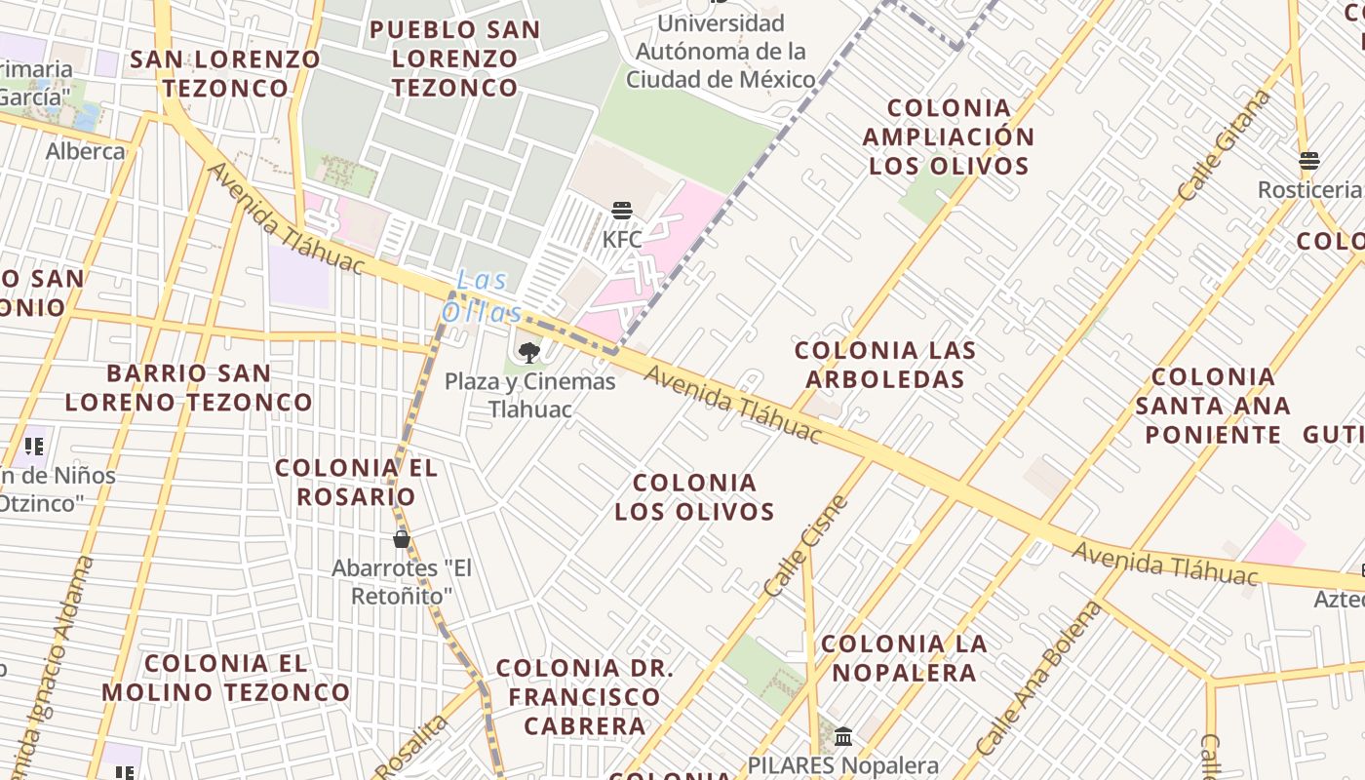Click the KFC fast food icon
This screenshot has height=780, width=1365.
click(x=622, y=210)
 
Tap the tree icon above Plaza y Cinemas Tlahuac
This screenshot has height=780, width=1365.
click(x=529, y=352)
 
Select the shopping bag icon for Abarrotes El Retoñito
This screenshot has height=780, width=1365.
click(x=401, y=539)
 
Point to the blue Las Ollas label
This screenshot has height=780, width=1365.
click(x=483, y=296)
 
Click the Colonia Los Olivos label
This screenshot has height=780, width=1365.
click(x=694, y=497)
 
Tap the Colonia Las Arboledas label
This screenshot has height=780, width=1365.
click(x=884, y=365)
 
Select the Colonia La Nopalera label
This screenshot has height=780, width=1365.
click(x=904, y=657)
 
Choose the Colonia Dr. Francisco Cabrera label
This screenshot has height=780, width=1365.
click(x=584, y=697)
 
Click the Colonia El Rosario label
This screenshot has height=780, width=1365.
click(x=356, y=482)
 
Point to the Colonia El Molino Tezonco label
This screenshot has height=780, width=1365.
click(x=225, y=678)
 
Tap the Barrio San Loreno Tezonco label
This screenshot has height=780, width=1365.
click(x=189, y=387)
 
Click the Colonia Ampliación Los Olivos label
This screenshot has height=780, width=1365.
click(x=948, y=136)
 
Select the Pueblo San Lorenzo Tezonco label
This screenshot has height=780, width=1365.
click(x=454, y=58)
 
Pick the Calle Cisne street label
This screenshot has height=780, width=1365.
click(x=806, y=547)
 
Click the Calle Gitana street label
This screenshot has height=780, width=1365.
click(x=1225, y=145)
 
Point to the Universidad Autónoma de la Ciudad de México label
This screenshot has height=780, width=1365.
click(x=721, y=51)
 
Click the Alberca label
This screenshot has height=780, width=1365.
click(x=86, y=151)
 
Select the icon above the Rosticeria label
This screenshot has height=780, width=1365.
click(x=1307, y=160)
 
